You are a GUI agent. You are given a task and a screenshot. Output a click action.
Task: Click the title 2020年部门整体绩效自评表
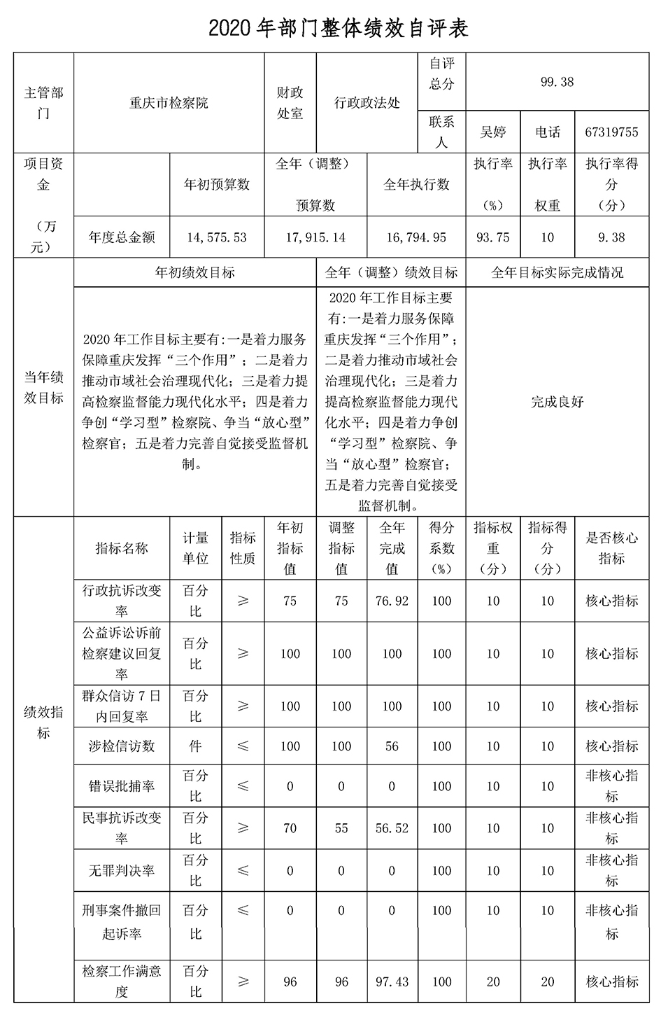[x=339, y=28]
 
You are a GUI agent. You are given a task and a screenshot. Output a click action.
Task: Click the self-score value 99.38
[x=557, y=82]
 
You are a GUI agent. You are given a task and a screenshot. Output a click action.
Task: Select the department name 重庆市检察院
[x=169, y=103]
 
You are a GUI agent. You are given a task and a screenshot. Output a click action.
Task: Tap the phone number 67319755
[x=611, y=132]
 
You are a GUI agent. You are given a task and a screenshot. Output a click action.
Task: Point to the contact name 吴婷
[x=493, y=132]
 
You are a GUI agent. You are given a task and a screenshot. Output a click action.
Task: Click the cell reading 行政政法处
[x=367, y=103]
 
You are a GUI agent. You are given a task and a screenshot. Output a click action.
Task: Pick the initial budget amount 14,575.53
[x=217, y=237]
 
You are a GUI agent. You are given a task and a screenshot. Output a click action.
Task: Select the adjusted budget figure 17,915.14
[x=315, y=237]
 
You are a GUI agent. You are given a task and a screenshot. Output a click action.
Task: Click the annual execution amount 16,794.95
[x=416, y=237]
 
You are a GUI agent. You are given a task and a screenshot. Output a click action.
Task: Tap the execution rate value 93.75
[x=493, y=237]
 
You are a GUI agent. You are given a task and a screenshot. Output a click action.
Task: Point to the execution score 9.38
[x=611, y=237]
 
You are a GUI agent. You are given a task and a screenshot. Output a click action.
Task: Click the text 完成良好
[x=557, y=402]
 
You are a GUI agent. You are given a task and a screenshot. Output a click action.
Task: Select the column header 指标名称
[x=122, y=548]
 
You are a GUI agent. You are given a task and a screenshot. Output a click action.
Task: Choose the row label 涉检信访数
[x=122, y=746]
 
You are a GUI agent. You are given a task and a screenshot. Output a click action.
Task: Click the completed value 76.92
[x=392, y=601]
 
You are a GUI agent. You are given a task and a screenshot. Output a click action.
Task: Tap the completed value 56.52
[x=392, y=828]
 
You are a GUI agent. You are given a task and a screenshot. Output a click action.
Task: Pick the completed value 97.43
[x=392, y=981]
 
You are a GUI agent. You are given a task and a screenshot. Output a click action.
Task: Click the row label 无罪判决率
[x=122, y=871]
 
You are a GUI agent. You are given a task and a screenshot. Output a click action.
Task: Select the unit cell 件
[x=195, y=746]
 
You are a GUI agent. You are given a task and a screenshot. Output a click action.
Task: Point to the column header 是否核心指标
[x=611, y=548]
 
